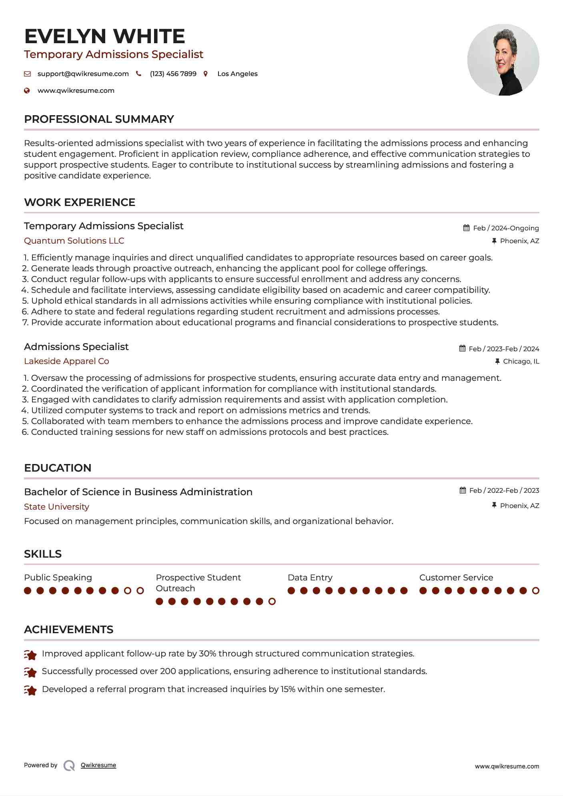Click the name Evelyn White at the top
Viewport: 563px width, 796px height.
[104, 36]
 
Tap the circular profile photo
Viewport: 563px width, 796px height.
[503, 60]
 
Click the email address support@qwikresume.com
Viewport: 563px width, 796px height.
[83, 74]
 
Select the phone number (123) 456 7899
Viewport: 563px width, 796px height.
[173, 74]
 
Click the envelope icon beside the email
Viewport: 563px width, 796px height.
[27, 74]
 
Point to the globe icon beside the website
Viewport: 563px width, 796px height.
[27, 91]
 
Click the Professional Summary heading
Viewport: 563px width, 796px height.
[99, 119]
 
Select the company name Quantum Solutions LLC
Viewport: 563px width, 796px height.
[74, 241]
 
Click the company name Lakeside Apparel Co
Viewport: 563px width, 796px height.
[66, 361]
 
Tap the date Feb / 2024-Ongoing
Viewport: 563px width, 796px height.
[506, 228]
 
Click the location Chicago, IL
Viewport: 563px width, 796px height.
[521, 362]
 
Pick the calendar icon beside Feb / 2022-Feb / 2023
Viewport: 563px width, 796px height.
[463, 490]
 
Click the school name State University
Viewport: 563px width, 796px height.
[56, 507]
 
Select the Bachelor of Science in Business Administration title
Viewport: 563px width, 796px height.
[138, 492]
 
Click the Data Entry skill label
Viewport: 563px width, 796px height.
[310, 578]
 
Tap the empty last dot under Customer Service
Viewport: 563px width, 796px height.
[535, 591]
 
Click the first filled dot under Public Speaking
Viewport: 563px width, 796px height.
[28, 591]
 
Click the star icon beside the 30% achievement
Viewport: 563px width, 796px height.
[30, 655]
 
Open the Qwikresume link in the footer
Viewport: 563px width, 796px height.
[98, 765]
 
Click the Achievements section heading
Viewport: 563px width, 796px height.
[68, 630]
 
